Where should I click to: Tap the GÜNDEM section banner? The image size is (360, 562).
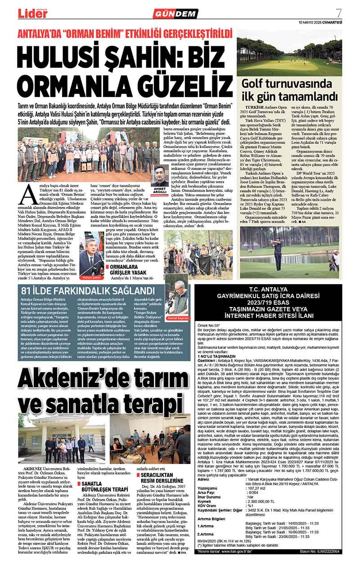click(181, 14)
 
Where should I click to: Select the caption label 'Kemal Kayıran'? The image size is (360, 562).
click(177, 318)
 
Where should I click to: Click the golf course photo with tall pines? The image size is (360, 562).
click(289, 53)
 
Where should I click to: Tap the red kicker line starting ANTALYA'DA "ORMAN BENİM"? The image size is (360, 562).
click(125, 33)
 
